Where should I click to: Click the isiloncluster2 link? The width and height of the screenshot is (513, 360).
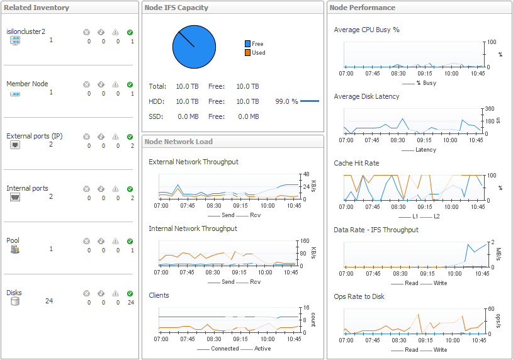click(26, 31)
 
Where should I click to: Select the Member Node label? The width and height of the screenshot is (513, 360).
click(27, 84)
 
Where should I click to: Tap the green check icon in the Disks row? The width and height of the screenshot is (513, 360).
click(130, 293)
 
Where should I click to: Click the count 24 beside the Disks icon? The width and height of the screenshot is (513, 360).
click(49, 301)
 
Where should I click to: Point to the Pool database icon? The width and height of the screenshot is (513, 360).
click(15, 249)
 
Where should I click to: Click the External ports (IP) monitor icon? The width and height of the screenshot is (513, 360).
click(15, 145)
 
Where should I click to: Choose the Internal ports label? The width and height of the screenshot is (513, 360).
click(27, 188)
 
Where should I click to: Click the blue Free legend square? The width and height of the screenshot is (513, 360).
click(248, 44)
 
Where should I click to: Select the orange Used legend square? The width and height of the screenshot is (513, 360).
click(248, 53)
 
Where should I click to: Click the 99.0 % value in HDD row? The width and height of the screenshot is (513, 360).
click(286, 101)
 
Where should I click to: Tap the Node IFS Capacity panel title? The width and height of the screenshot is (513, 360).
click(176, 8)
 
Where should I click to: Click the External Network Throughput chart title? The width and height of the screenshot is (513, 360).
click(193, 162)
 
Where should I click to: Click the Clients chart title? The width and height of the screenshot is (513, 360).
click(159, 295)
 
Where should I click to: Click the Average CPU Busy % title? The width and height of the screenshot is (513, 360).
click(366, 30)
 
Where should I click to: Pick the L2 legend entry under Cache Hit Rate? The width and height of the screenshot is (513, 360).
click(437, 217)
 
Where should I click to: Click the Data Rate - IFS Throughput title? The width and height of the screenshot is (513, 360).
click(376, 230)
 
